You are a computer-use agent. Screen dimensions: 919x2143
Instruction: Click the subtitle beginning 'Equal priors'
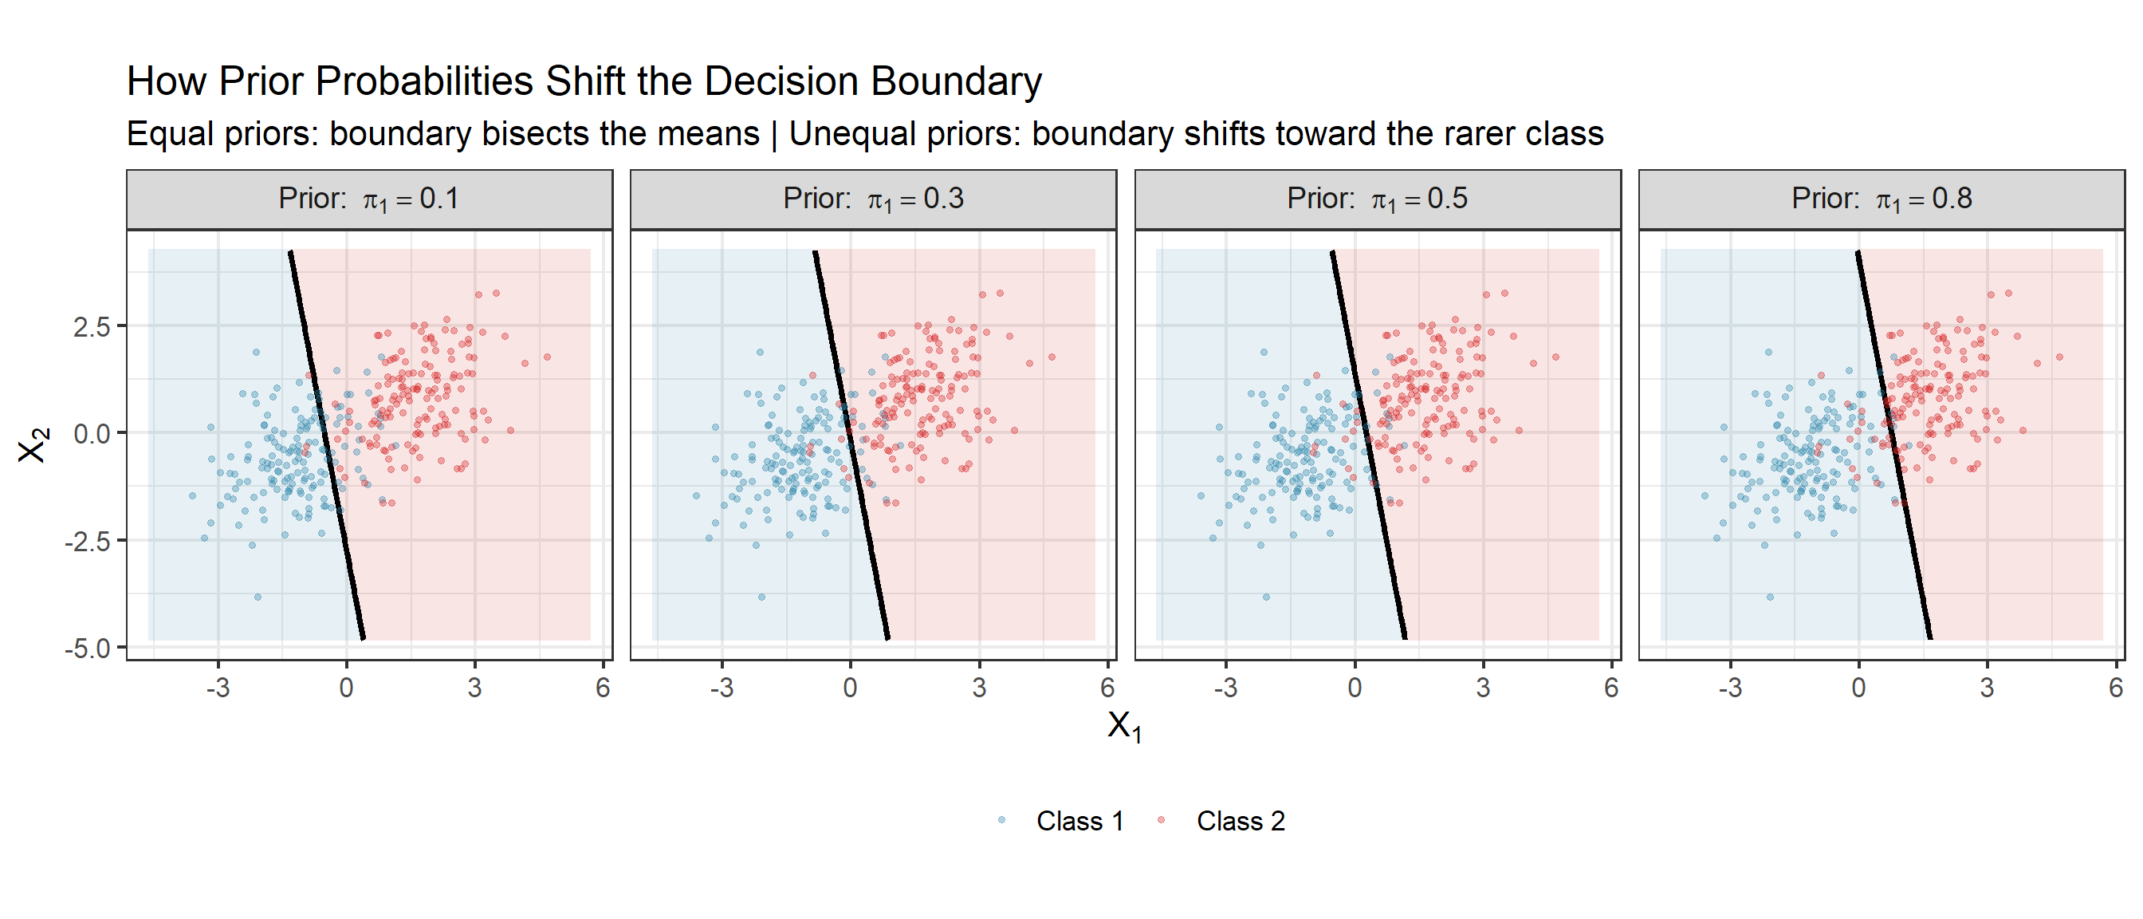click(x=864, y=134)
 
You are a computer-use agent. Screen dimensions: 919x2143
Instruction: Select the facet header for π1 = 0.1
click(x=368, y=199)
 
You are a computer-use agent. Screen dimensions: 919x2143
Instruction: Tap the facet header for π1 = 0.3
click(x=873, y=199)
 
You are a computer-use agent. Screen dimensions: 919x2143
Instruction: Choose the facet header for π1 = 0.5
click(x=1377, y=199)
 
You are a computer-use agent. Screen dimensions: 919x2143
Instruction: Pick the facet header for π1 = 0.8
click(x=1881, y=199)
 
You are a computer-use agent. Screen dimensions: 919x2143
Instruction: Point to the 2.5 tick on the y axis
click(x=92, y=327)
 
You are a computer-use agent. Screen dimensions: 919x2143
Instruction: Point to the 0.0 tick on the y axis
click(x=92, y=434)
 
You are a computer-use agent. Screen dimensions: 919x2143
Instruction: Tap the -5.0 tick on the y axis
click(x=88, y=649)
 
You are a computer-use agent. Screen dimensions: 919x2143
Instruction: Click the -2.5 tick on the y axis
click(x=88, y=542)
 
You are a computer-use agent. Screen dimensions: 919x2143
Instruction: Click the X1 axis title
click(x=1124, y=726)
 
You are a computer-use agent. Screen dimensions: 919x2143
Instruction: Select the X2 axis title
click(x=33, y=445)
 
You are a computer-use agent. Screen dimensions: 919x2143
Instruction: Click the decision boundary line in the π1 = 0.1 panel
click(x=327, y=445)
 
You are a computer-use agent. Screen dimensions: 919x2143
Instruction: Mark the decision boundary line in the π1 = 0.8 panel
click(x=1893, y=445)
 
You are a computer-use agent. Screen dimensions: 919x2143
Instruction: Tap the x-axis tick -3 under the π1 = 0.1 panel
click(x=218, y=688)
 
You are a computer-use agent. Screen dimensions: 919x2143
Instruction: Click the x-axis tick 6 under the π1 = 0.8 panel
click(x=2116, y=688)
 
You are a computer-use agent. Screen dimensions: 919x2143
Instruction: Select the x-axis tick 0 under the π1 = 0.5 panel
click(x=1355, y=688)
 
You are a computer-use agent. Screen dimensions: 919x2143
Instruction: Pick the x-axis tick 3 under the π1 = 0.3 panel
click(x=979, y=688)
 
